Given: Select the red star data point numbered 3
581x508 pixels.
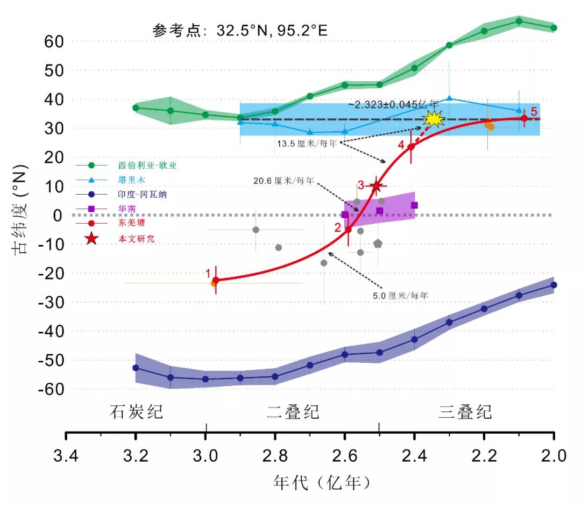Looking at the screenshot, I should (376, 186).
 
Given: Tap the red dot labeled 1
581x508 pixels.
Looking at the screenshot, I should (216, 280).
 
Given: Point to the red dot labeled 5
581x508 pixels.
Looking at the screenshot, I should (524, 118).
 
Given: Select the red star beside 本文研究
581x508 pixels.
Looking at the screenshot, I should (91, 238).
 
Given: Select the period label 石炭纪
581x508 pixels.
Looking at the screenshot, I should (136, 412).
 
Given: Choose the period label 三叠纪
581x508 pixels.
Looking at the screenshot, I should (465, 412).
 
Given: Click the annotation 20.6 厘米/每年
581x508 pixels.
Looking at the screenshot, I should (284, 181).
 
